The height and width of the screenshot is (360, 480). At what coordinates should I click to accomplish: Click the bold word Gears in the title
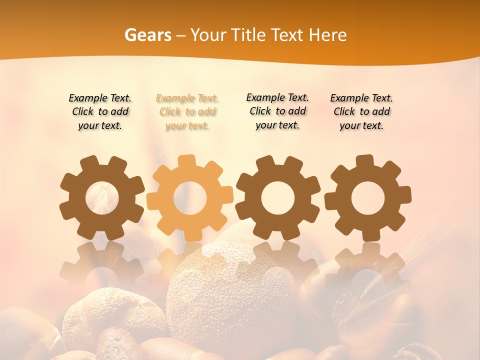point(147,35)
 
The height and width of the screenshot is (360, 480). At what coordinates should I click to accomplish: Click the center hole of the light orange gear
point(190,198)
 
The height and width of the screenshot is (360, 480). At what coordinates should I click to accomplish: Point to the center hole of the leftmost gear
point(102,198)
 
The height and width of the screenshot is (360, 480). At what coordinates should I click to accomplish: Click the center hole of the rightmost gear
point(367,198)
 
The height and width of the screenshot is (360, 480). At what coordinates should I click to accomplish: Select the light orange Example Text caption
point(187,112)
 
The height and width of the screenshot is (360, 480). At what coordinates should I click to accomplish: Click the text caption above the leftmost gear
point(100,112)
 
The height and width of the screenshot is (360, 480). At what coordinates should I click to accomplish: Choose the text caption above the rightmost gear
point(361,112)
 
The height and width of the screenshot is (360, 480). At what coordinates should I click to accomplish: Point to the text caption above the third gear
point(277,111)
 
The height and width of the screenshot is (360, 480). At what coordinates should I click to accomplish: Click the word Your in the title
point(208,35)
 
